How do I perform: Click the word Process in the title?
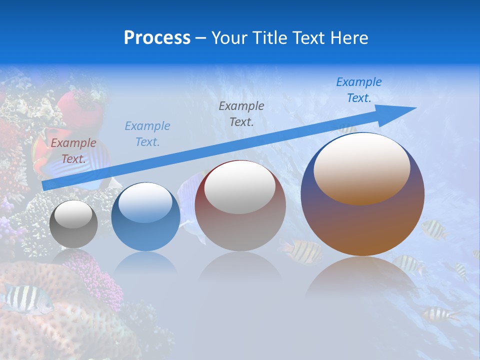point(157,38)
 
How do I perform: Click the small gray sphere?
point(73,224)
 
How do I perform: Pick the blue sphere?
point(145,217)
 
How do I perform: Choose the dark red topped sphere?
point(240,206)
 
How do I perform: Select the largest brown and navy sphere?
point(362,195)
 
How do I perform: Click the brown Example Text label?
point(73,151)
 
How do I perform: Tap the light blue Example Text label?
point(147,134)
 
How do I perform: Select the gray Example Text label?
point(241,113)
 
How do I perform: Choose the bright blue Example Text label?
point(358,90)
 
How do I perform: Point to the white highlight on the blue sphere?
point(146,202)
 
